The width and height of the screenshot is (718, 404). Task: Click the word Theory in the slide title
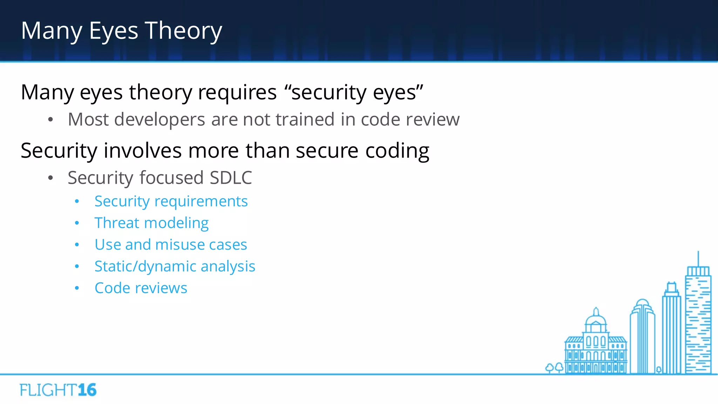tap(183, 31)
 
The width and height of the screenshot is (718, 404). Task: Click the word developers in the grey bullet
tap(160, 120)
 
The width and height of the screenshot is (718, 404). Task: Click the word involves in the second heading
tap(142, 151)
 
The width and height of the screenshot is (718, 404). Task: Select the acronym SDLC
tap(231, 178)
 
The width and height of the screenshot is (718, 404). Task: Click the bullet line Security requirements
tap(171, 201)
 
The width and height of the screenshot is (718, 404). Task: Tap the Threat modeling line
tap(151, 223)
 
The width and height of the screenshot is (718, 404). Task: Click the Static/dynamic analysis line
tap(175, 267)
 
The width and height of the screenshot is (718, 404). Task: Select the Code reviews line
tap(141, 288)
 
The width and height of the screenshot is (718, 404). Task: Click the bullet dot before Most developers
tap(50, 120)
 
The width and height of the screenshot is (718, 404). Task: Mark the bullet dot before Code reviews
tap(77, 288)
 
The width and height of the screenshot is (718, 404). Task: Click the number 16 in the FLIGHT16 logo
tap(87, 390)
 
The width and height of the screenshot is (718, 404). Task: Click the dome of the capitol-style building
tap(596, 319)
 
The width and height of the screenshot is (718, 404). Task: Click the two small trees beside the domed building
tap(554, 368)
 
